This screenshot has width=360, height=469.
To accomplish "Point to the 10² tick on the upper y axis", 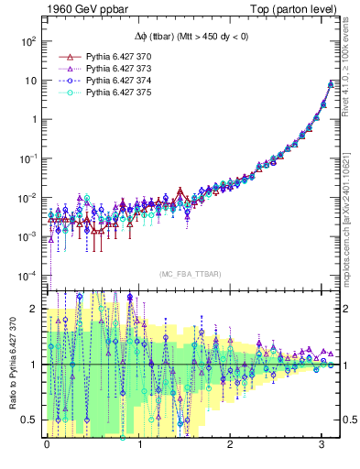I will (x=29, y=41).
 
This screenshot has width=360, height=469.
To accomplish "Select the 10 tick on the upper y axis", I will (x=31, y=81).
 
